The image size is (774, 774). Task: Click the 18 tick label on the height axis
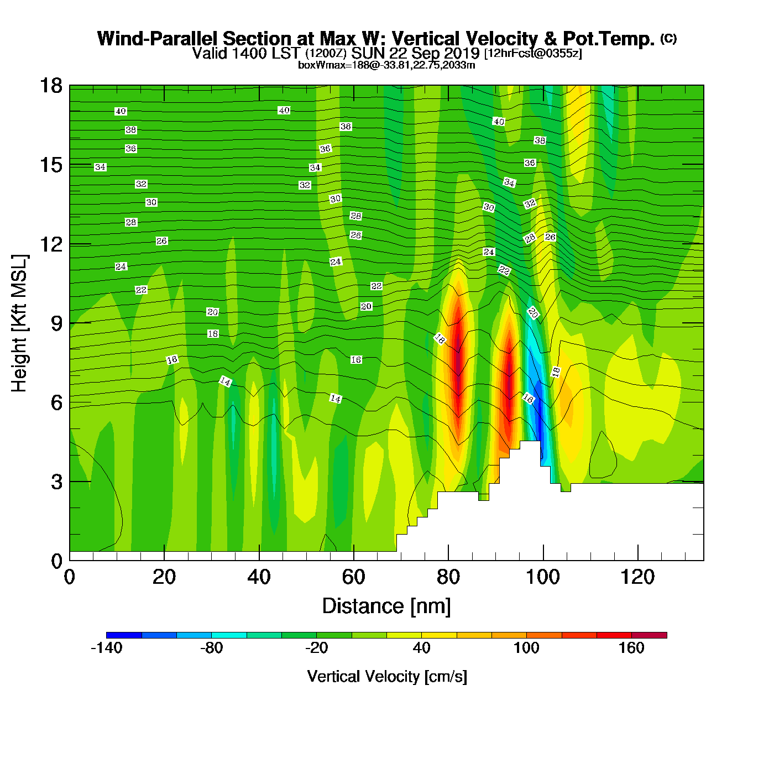pos(50,86)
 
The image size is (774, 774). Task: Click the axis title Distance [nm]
pos(386,606)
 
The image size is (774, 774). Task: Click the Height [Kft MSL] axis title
pos(19,323)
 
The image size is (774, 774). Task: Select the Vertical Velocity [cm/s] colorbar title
pos(387,676)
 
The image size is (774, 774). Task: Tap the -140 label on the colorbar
pos(106,648)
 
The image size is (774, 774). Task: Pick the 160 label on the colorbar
pos(631,648)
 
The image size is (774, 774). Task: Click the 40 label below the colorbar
pos(421,648)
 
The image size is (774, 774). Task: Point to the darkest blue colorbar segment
pos(124,635)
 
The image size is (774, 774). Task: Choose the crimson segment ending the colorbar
pos(649,635)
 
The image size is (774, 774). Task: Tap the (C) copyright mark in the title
pos(668,38)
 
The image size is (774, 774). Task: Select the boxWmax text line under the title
pos(386,65)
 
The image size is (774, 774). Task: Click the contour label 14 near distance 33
pos(225,381)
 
